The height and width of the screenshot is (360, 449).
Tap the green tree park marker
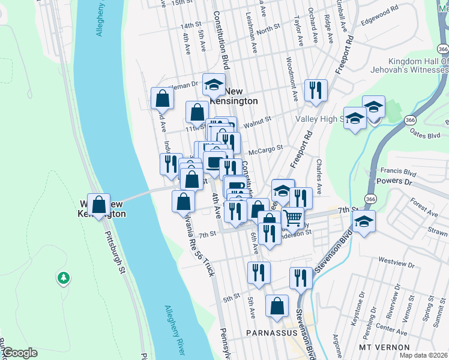[63, 278]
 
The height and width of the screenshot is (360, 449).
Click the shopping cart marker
[292, 218]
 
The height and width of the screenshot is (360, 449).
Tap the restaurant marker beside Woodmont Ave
[315, 91]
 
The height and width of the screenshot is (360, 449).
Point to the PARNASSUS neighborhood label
[269, 332]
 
